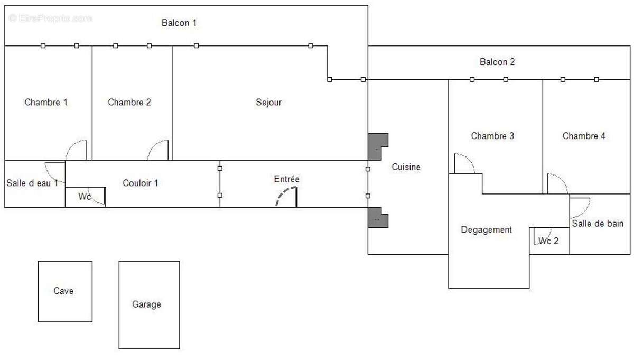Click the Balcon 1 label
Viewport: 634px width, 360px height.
click(x=179, y=23)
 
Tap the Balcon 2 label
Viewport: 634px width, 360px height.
click(x=497, y=62)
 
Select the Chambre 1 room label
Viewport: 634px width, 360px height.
click(x=46, y=102)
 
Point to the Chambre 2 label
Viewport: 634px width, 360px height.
click(x=129, y=102)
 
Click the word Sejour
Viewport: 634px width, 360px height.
click(x=269, y=102)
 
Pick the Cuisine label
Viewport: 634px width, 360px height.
click(x=406, y=167)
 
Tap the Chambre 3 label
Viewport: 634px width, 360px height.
click(x=492, y=136)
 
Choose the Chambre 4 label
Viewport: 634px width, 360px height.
click(x=584, y=136)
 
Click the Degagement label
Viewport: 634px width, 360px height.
click(x=487, y=229)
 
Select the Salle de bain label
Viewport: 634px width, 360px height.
click(x=598, y=223)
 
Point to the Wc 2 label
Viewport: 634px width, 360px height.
click(x=548, y=241)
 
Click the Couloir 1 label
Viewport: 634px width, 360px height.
click(x=141, y=183)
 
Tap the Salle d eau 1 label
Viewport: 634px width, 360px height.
click(x=32, y=183)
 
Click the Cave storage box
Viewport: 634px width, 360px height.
click(x=65, y=291)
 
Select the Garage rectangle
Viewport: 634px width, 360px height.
click(x=148, y=304)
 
